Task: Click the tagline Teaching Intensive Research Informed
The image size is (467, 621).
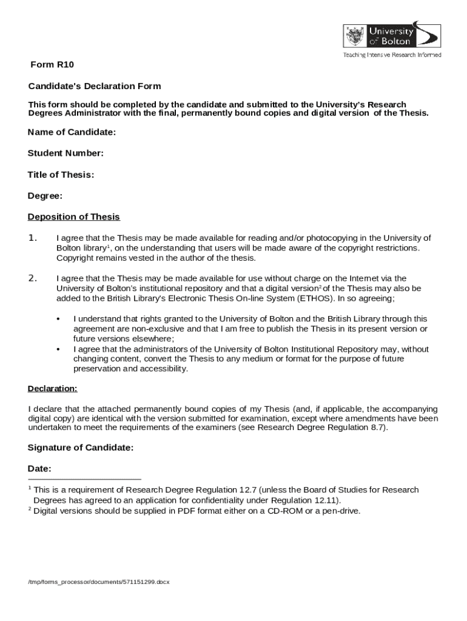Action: pyautogui.click(x=392, y=55)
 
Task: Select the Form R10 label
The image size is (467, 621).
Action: pyautogui.click(x=52, y=65)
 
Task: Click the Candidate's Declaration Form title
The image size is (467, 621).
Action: pyautogui.click(x=94, y=86)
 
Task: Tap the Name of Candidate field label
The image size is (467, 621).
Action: pyautogui.click(x=72, y=132)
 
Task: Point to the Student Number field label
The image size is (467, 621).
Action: pyautogui.click(x=66, y=153)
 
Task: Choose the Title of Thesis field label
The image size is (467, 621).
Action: pyautogui.click(x=61, y=175)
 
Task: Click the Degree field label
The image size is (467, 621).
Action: pyautogui.click(x=45, y=196)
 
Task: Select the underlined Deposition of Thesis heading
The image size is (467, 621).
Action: pyautogui.click(x=74, y=217)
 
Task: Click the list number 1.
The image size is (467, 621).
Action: pyautogui.click(x=33, y=238)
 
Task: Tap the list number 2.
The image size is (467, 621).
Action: pyautogui.click(x=33, y=278)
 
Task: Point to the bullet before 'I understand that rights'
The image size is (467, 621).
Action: pyautogui.click(x=58, y=319)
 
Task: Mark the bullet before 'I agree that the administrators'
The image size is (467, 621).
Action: pyautogui.click(x=58, y=350)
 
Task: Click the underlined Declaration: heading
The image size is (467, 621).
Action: pyautogui.click(x=53, y=389)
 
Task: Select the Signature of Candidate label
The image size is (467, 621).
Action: pyautogui.click(x=80, y=448)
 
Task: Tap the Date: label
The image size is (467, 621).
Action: pyautogui.click(x=39, y=469)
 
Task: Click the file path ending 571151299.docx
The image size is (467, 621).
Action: pyautogui.click(x=99, y=582)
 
